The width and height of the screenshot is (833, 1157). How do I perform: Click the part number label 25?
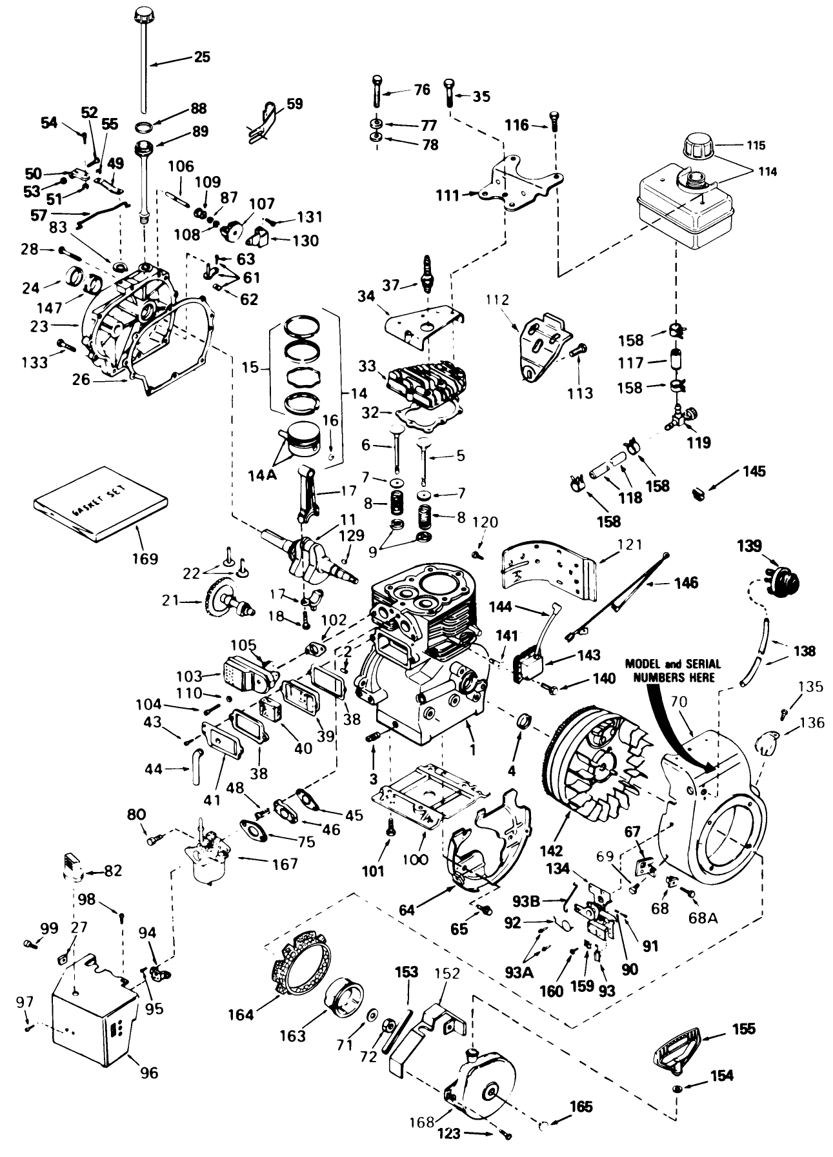tap(202, 57)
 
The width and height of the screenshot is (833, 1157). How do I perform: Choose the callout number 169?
tap(145, 558)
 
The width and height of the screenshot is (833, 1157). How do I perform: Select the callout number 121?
tap(630, 545)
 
